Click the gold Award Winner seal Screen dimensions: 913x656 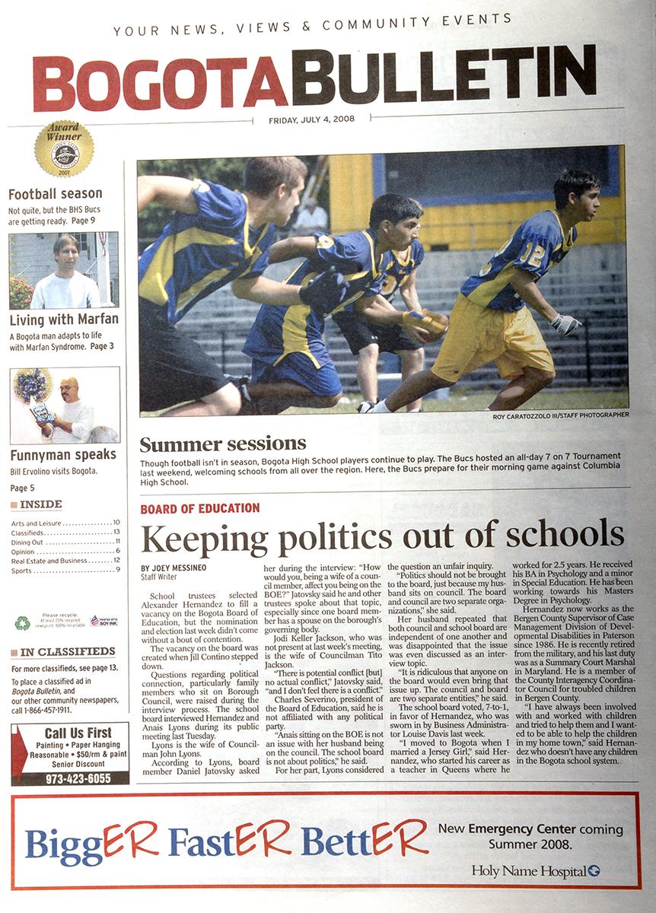(64, 149)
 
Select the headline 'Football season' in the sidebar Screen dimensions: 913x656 (55, 193)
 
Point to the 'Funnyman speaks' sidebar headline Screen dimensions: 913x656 (63, 455)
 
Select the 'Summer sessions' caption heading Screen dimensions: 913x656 (223, 444)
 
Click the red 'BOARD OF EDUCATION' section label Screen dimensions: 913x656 (200, 508)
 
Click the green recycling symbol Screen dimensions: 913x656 (22, 622)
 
